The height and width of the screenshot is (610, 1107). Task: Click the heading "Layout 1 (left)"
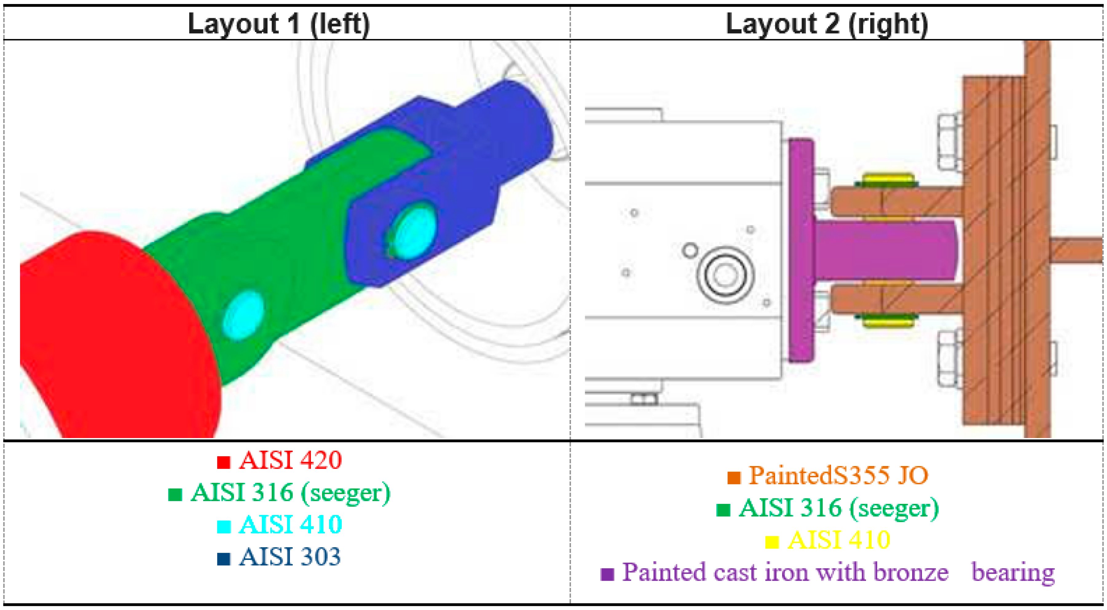tap(278, 24)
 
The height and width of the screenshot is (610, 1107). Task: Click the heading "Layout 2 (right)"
tap(827, 24)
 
